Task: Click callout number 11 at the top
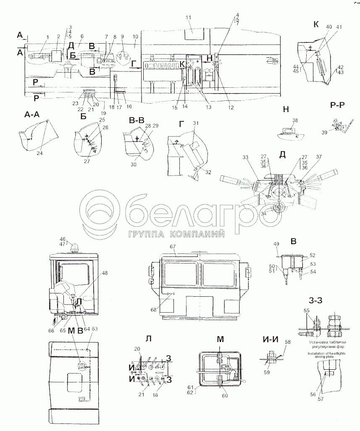[x=188, y=18]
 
